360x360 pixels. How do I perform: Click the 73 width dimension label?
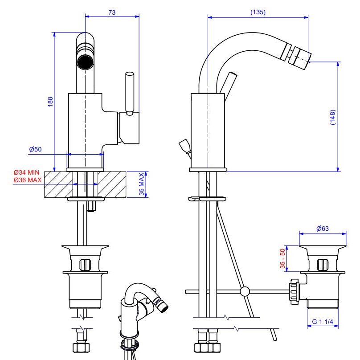pos(112,12)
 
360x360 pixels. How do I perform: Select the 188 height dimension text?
pos(50,102)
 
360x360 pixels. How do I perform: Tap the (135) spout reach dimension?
pos(258,12)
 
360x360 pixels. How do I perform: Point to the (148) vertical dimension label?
pos(332,117)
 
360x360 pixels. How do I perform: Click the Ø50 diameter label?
pos(35,149)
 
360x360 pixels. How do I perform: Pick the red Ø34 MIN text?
pos(26,172)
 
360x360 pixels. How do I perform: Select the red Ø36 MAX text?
pos(28,180)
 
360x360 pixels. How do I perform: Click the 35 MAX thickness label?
pos(142,184)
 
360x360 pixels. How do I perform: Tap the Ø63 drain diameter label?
pos(322,229)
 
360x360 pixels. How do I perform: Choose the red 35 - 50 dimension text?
pos(282,258)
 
